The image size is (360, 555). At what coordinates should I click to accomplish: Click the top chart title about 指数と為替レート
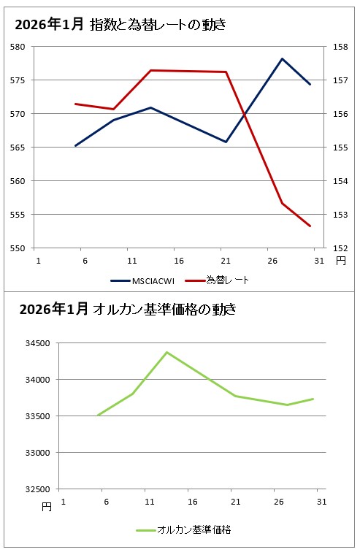(120, 26)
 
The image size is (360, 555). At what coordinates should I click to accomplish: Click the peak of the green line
(167, 352)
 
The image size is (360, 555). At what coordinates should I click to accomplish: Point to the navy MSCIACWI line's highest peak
(282, 58)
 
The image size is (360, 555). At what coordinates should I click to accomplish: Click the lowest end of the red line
(310, 226)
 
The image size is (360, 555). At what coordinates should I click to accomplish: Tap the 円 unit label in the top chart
(340, 260)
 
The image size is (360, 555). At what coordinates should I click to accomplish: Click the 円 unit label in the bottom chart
(47, 507)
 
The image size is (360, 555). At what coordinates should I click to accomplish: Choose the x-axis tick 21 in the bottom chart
(235, 502)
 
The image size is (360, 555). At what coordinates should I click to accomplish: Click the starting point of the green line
(98, 415)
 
